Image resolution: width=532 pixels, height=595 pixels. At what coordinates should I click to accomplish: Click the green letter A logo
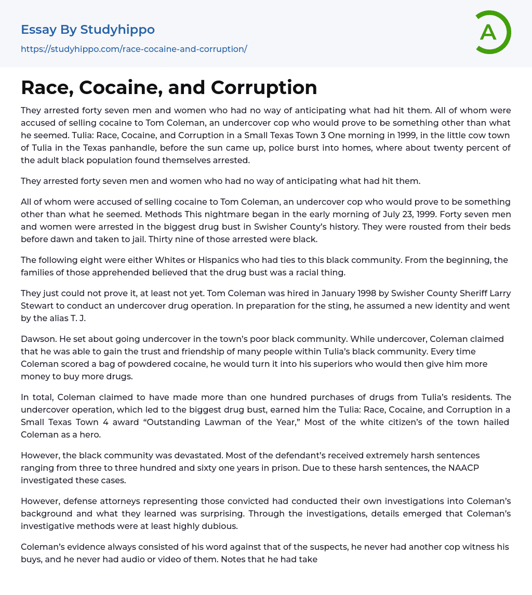[493, 32]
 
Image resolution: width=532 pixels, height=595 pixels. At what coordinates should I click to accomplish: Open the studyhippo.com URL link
[134, 49]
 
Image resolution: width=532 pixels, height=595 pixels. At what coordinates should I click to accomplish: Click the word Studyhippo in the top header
[117, 30]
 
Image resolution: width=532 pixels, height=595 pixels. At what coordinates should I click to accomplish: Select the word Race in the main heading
[41, 88]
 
